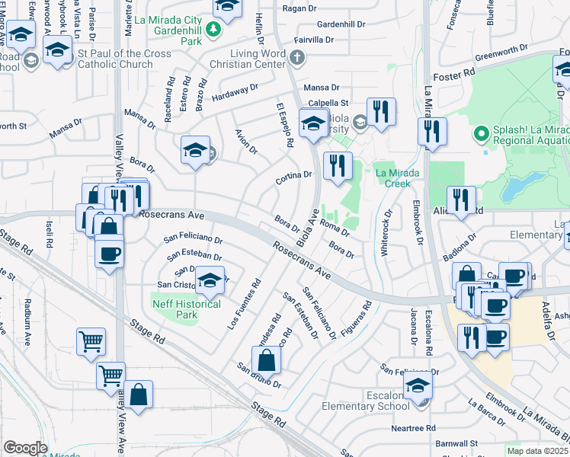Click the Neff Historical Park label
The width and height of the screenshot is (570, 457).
187,309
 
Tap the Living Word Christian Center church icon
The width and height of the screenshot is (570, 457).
297,57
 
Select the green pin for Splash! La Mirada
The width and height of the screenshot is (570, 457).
481,136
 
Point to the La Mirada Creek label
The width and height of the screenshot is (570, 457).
397,178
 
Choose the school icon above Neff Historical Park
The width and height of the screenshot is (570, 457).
210,280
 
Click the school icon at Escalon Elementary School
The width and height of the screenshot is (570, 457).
417,386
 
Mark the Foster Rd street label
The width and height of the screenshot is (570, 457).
454,76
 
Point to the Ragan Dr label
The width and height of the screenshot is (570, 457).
299,8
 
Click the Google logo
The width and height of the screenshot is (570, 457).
25,448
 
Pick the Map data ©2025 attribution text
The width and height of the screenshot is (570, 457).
537,451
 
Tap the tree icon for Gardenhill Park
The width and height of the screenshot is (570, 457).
215,29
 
